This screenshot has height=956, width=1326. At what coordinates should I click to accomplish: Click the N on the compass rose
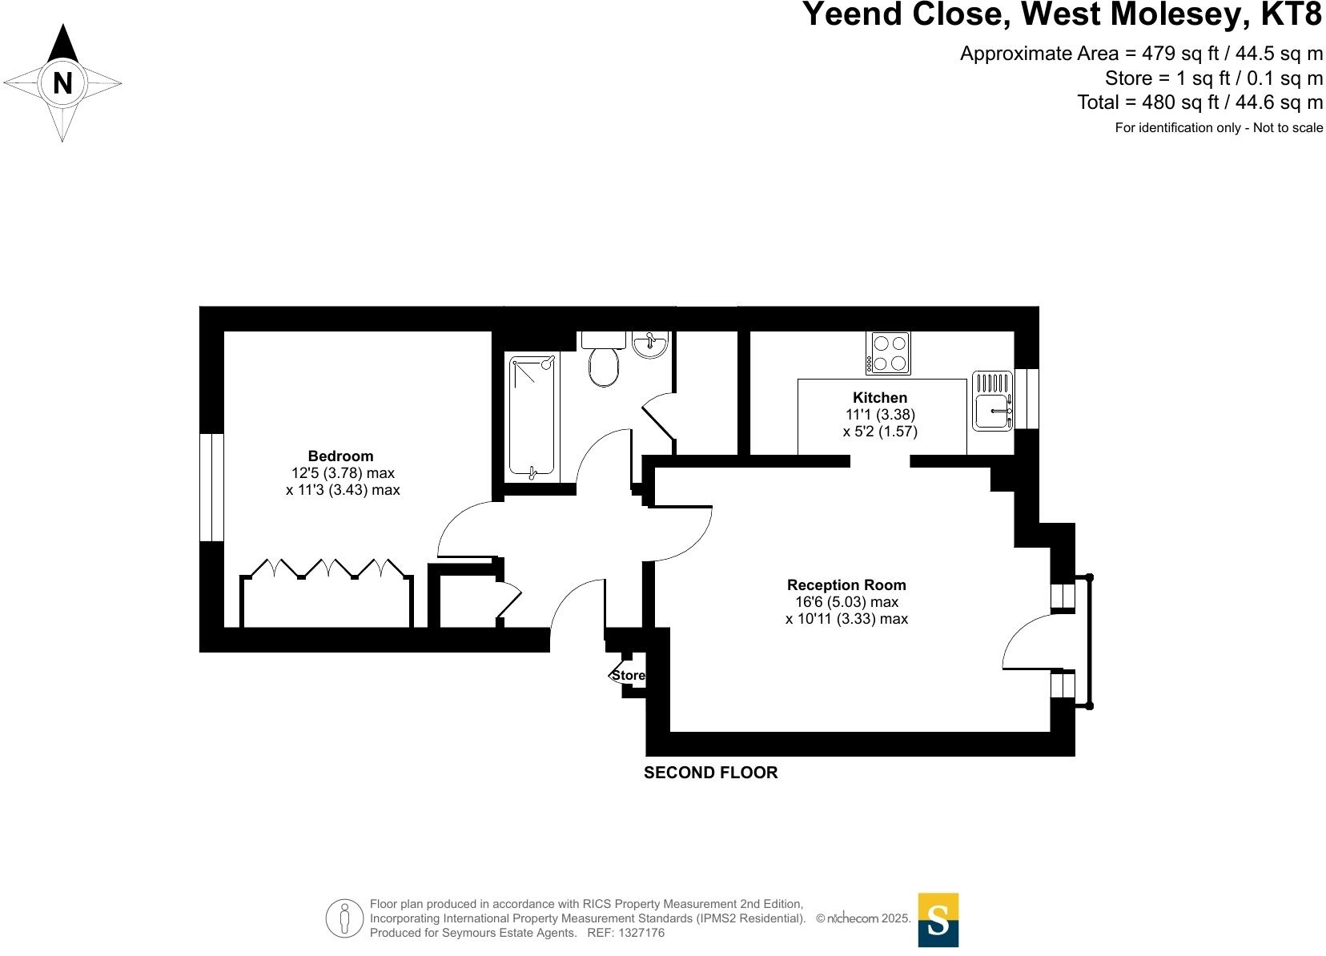click(62, 83)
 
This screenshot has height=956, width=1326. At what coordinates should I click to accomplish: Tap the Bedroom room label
click(340, 456)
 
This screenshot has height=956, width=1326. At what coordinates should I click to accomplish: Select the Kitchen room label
click(880, 398)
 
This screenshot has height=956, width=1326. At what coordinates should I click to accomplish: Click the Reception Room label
click(846, 585)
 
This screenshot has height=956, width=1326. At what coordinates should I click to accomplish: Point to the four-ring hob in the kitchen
click(888, 353)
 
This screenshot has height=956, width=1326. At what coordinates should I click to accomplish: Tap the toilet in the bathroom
click(604, 363)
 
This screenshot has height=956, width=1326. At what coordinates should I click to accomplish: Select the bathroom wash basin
click(649, 344)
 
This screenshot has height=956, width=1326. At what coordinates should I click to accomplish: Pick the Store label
click(629, 676)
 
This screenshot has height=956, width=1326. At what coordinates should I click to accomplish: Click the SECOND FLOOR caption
click(710, 773)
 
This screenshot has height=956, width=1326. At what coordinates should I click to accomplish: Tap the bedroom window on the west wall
click(211, 488)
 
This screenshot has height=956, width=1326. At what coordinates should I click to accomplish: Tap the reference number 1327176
click(638, 934)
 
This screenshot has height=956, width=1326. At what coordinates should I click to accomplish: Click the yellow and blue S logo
click(938, 920)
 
